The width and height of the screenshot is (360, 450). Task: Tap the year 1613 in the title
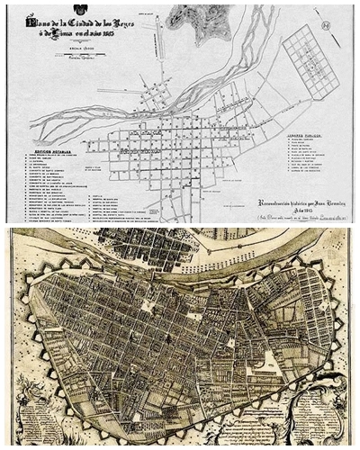tap(110, 31)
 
